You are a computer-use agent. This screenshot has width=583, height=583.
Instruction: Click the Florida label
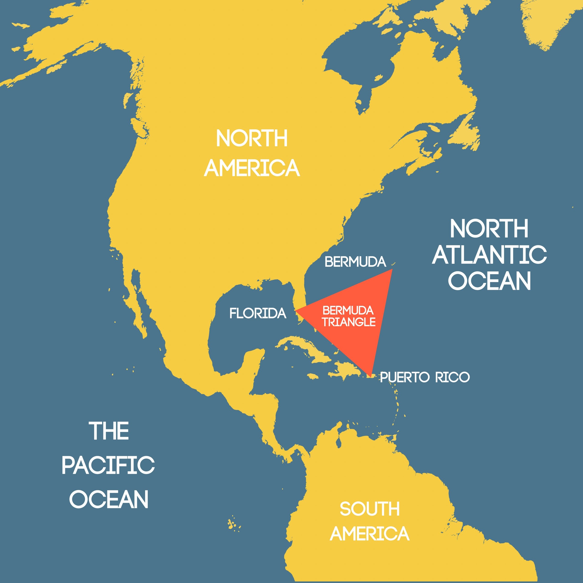coord(258,314)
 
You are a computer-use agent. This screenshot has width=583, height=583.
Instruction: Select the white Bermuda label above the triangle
coord(355,262)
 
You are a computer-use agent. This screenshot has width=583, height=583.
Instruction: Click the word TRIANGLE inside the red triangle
coord(349,322)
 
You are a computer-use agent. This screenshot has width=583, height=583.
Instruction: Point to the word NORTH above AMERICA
coord(252,139)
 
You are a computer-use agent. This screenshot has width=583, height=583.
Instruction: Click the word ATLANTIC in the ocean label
coord(489,255)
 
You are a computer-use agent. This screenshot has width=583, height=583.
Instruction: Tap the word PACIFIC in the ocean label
coord(108,465)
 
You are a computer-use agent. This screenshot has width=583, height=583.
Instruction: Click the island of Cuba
coord(305,347)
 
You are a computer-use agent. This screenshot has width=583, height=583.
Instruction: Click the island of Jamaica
coord(313,376)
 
